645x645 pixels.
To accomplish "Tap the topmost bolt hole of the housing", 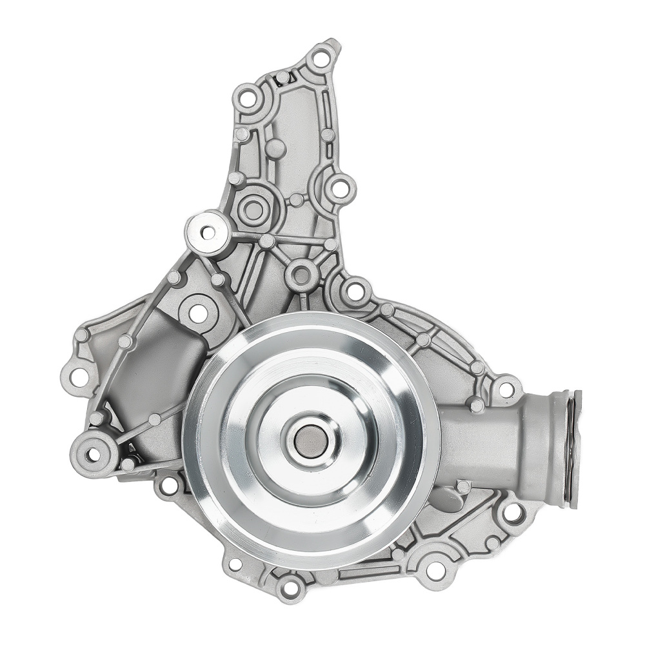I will (320, 59).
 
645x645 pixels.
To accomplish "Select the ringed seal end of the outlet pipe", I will (570, 448).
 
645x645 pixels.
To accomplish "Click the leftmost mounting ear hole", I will (78, 377).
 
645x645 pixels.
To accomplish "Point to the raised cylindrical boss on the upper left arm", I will (208, 232).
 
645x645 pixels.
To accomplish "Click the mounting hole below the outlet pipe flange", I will (512, 513).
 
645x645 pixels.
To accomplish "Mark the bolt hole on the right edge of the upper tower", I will (339, 188).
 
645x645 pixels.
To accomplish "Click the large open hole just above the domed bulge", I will (197, 313).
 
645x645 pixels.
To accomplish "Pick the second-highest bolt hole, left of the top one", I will (248, 100).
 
